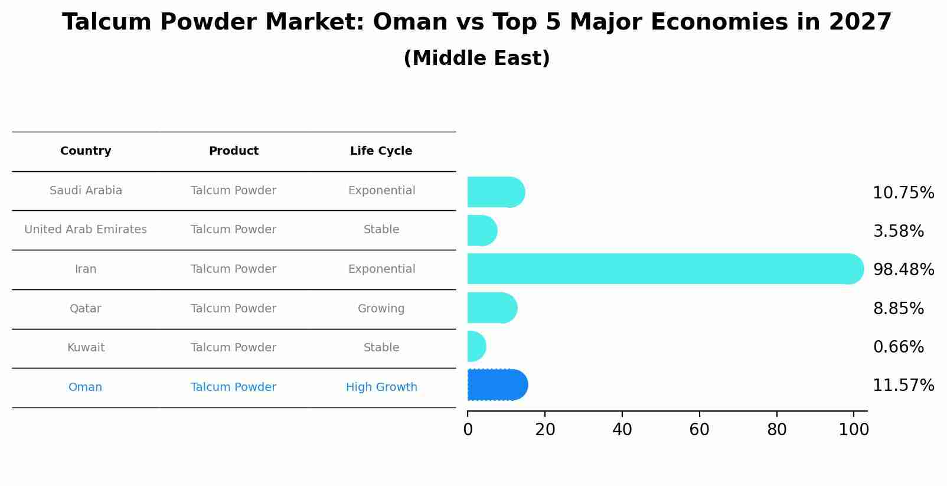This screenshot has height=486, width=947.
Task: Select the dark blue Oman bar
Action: [x=497, y=385]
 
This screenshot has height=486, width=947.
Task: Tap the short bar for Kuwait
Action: [x=476, y=347]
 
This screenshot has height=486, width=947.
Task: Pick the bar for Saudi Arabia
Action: [x=495, y=192]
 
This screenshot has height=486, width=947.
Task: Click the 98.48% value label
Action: [x=903, y=270]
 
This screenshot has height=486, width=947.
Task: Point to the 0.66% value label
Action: [x=898, y=347]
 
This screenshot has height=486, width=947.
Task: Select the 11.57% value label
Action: [x=903, y=386]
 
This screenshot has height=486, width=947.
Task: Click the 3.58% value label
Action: [x=898, y=231]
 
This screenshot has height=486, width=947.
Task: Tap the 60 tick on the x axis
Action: [x=699, y=430]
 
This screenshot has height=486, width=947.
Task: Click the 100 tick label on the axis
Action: [x=853, y=430]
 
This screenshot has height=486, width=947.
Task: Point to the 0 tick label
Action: [x=468, y=430]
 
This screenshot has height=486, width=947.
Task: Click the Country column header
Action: [x=86, y=151]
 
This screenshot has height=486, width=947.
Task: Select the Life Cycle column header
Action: [x=381, y=151]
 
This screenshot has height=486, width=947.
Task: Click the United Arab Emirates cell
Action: [x=86, y=230]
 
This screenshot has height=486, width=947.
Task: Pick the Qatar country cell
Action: [x=86, y=309]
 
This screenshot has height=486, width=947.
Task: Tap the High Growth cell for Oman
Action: [x=381, y=387]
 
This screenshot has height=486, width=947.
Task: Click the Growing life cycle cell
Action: [x=381, y=309]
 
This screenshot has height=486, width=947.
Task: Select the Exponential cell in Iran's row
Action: [x=381, y=269]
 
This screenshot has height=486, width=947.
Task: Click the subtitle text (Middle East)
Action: [x=476, y=58]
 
